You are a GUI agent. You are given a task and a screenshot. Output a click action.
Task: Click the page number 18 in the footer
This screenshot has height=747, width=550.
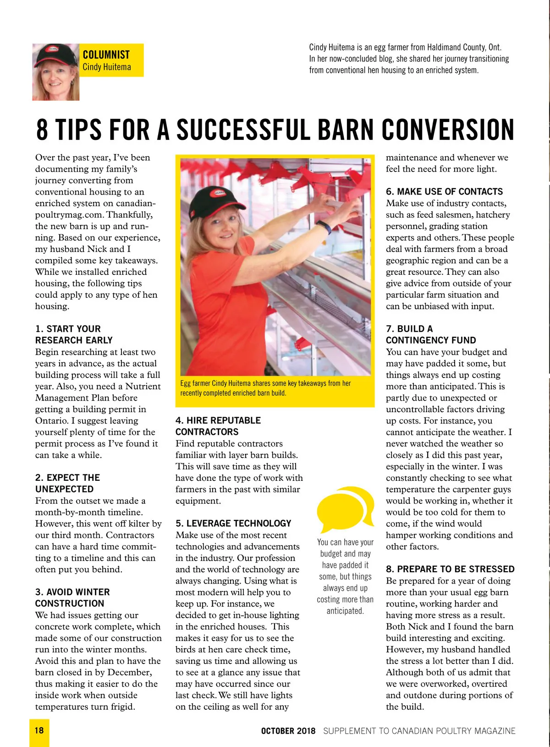coord(39,730)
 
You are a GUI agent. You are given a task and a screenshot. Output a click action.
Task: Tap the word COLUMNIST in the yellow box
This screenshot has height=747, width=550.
coord(106,55)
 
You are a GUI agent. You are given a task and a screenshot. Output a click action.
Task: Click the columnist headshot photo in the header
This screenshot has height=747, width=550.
coord(56,72)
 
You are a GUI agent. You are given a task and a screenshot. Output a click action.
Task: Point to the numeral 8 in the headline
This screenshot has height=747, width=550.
coord(42,130)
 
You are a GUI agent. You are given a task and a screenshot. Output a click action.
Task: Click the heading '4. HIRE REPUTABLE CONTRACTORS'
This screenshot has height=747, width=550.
coord(218,426)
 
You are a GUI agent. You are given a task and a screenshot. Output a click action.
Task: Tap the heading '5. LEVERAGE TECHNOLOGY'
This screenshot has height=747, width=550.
coord(233,523)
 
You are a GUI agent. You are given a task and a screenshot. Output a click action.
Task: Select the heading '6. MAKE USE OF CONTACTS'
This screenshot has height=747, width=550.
coord(444,191)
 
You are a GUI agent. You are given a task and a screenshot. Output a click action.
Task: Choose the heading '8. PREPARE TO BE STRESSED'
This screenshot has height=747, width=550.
coord(450,569)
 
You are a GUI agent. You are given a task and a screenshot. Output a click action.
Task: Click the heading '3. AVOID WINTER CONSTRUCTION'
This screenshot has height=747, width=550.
coord(72,597)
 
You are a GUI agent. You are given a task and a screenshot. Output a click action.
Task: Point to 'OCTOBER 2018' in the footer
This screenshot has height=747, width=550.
coord(288,731)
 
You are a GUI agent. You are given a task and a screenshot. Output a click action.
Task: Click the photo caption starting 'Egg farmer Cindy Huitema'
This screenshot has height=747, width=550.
coord(265,388)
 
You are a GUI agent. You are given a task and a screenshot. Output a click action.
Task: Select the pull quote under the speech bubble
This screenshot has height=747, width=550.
coord(345,576)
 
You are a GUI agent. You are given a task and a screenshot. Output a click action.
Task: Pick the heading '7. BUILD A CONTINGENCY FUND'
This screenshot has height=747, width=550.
coord(431,334)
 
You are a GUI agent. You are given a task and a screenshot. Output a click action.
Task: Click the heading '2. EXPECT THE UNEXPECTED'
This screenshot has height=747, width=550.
coord(67,483)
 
